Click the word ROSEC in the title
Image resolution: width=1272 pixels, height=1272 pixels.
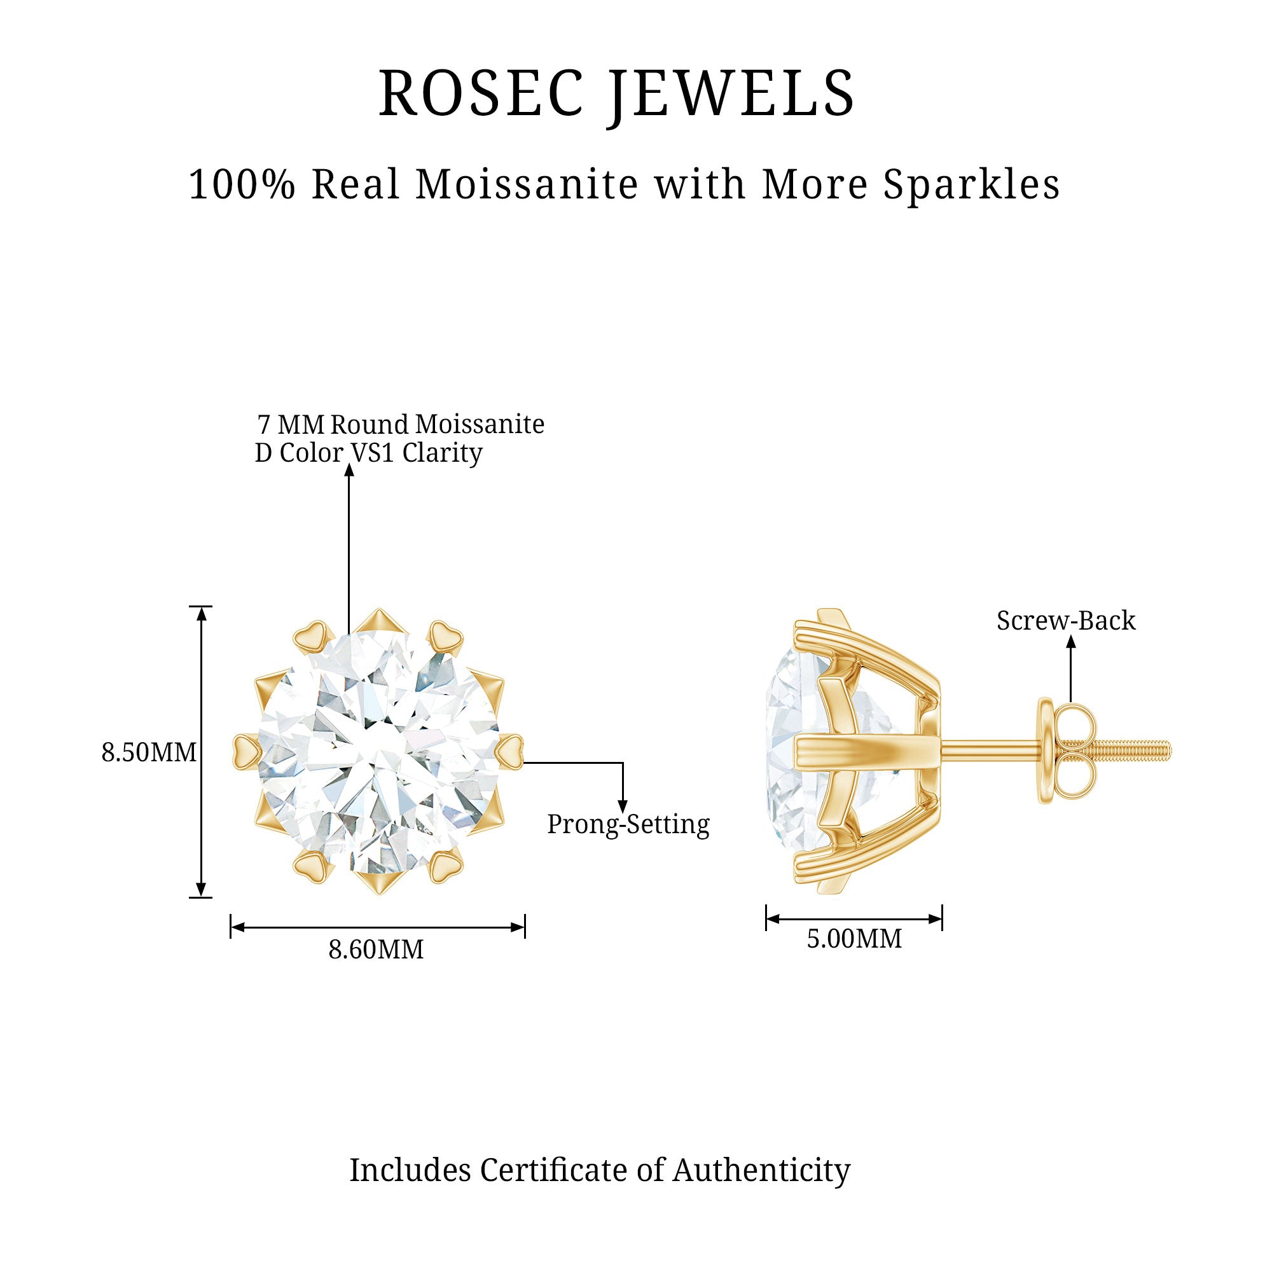pyautogui.click(x=481, y=93)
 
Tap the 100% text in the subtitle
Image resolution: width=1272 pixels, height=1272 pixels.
pyautogui.click(x=242, y=184)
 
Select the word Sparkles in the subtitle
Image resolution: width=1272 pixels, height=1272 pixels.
pyautogui.click(x=971, y=184)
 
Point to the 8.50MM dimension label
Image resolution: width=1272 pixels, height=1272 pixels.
pyautogui.click(x=149, y=752)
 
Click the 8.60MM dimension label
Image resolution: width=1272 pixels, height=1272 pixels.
pyautogui.click(x=376, y=950)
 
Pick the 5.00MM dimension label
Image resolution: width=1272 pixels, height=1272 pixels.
pyautogui.click(x=854, y=938)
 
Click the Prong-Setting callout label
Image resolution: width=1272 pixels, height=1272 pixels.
pyautogui.click(x=628, y=824)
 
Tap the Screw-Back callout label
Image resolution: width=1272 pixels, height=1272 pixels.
pyautogui.click(x=1066, y=620)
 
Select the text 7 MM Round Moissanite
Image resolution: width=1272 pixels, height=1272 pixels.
pyautogui.click(x=401, y=425)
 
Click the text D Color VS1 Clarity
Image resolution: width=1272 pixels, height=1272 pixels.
pyautogui.click(x=369, y=453)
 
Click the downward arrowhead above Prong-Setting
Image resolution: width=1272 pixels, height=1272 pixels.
pyautogui.click(x=622, y=807)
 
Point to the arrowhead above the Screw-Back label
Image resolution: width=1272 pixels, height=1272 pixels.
pyautogui.click(x=1071, y=640)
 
